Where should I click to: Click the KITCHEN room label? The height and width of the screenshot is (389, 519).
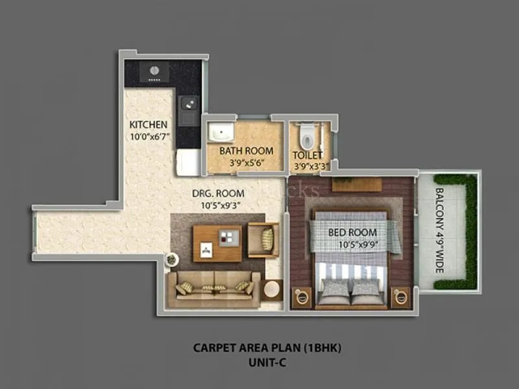pos(149,124)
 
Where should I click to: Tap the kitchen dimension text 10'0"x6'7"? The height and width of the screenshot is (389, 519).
pos(149,136)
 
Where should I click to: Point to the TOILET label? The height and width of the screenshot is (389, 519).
pos(308,155)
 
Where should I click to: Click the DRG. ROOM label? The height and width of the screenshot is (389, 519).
pos(218,193)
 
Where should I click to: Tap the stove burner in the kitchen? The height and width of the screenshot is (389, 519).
pos(155,71)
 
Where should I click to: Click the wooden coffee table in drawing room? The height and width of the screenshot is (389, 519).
pos(217,242)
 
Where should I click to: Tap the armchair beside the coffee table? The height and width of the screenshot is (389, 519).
pos(264,239)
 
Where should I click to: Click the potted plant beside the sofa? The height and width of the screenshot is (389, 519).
pos(171,259)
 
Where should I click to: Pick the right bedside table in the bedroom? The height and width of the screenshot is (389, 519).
pos(400,296)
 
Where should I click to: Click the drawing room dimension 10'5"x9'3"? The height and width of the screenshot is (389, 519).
pos(218,206)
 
